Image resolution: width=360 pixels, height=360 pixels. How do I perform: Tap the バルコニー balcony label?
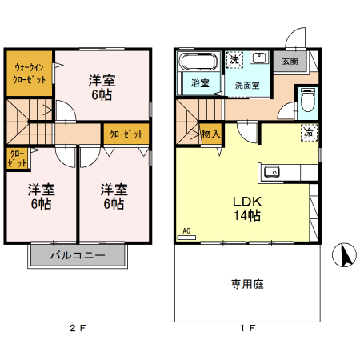tap(78, 256)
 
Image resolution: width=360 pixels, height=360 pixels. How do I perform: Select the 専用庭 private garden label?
tap(248, 282)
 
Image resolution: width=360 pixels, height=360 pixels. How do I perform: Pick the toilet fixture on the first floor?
tap(308, 101)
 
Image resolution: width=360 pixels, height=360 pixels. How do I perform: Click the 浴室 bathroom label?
tap(198, 82)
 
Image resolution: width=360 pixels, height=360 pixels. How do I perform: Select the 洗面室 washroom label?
tap(246, 82)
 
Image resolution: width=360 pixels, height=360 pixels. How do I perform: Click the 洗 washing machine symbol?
tap(234, 60)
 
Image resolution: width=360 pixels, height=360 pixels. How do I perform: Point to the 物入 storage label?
tap(210, 134)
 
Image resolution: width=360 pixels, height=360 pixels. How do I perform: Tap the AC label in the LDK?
tap(188, 231)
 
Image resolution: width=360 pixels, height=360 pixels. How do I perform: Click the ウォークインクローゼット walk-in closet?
tap(29, 74)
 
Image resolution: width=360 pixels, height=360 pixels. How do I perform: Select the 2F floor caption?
tap(77, 329)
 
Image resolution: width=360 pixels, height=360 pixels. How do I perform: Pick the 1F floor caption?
tap(248, 329)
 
